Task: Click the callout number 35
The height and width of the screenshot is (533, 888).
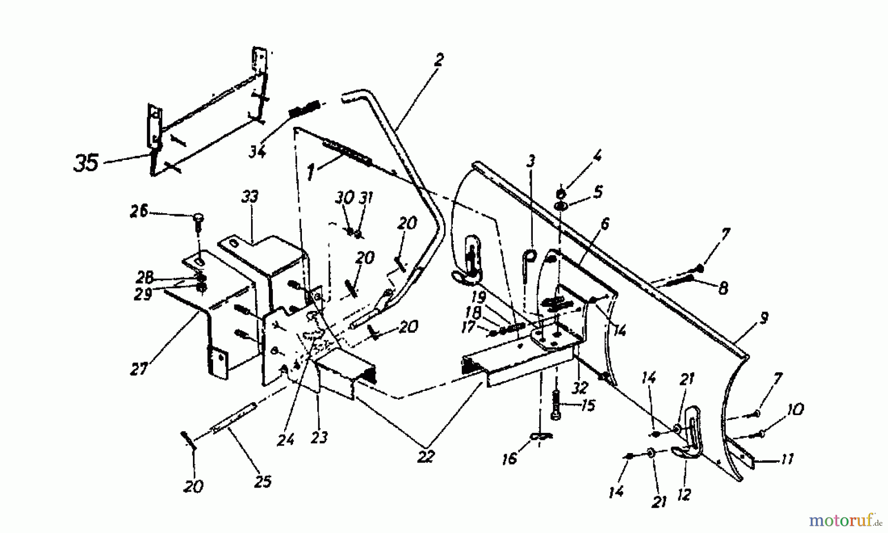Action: point(86,163)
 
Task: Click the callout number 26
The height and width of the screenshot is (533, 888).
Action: point(139,211)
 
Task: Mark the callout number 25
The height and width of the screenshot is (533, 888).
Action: point(262,481)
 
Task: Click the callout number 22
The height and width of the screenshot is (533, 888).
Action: point(425,457)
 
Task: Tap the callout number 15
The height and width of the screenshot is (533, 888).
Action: point(588,406)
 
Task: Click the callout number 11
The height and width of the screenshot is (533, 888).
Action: point(786,459)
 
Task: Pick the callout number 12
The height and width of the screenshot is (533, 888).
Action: point(684,494)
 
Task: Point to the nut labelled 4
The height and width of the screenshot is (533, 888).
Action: point(561,192)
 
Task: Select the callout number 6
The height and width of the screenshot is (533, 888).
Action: point(604,224)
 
